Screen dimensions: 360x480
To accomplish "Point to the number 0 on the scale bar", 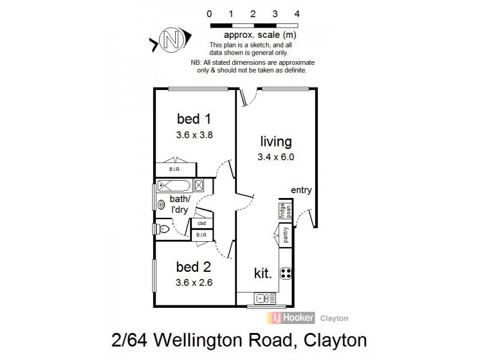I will coord(209,13).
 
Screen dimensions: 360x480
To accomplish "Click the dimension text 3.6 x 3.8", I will coord(194,135).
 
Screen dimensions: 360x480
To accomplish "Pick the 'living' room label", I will coord(275,142).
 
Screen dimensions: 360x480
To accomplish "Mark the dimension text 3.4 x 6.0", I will coord(275,158).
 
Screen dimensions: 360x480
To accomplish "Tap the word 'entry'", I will coord(301,190).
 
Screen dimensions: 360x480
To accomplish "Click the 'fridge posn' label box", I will coord(281,211).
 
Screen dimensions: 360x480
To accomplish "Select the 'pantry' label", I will coord(286,235).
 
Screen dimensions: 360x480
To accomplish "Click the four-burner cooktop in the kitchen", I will coord(287,274).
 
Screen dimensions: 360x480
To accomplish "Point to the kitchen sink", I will coord(264,298).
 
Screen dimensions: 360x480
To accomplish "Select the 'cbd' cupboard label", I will coord(202,223).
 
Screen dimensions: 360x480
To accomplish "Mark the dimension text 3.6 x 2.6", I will coord(194,281).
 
